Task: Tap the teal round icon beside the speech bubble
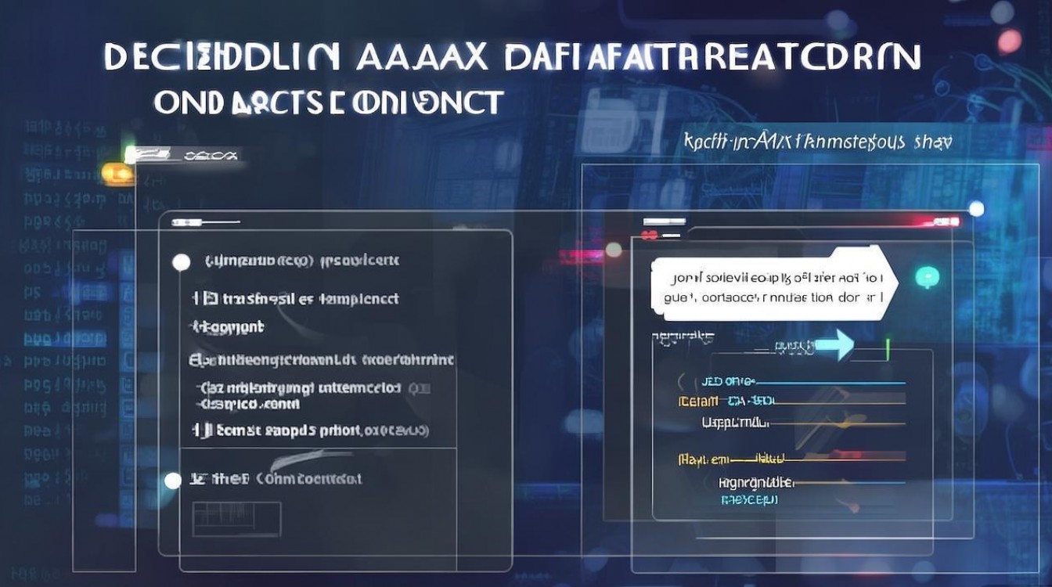[x=927, y=276]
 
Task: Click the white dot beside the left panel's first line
[x=181, y=262]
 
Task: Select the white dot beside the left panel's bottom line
[x=171, y=480]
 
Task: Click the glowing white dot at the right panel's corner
[x=976, y=208]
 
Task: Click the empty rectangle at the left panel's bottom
[x=236, y=519]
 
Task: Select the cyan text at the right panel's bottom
[x=749, y=499]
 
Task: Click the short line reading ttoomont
[x=228, y=327]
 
